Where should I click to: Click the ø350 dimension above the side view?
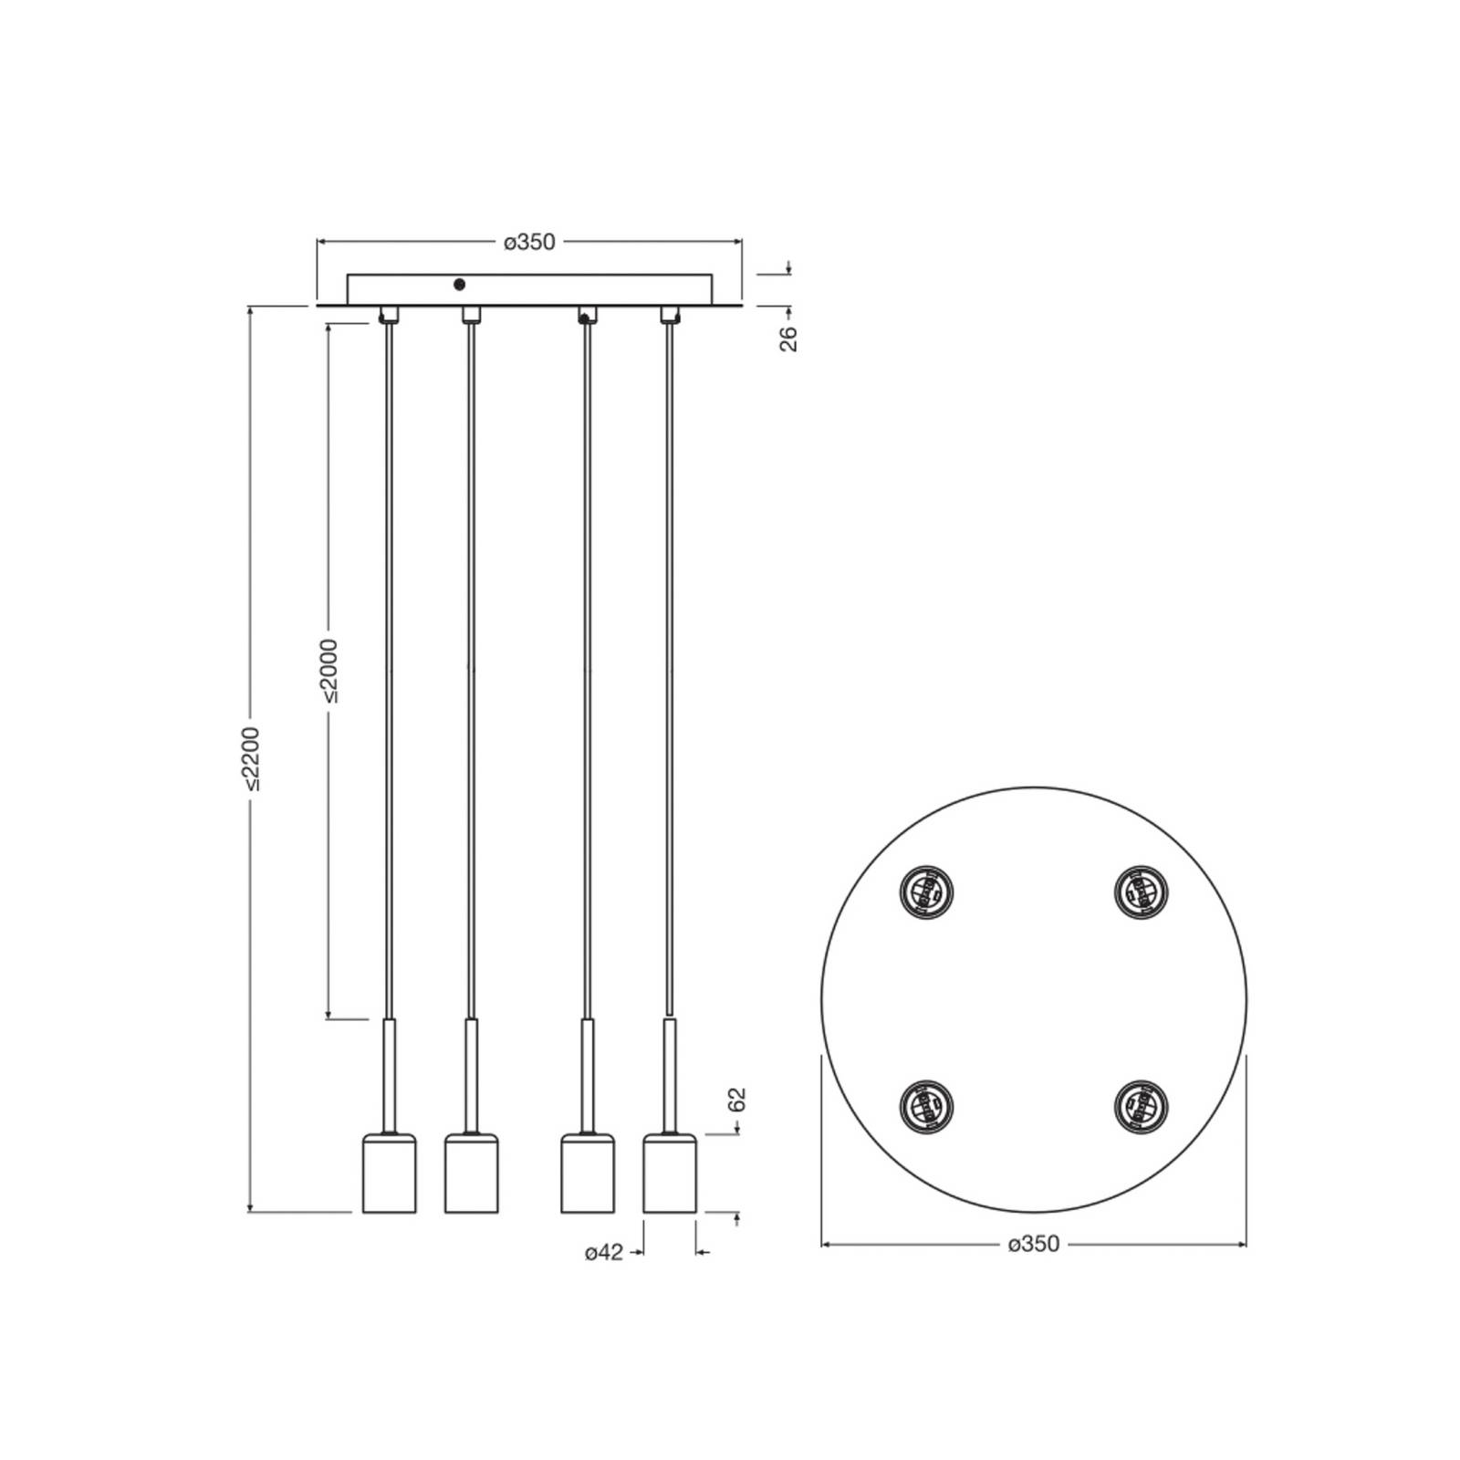tap(529, 242)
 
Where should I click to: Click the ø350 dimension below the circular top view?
tap(1034, 1244)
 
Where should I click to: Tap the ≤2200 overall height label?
tap(252, 758)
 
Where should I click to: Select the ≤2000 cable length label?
tap(329, 670)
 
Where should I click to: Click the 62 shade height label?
tap(738, 1100)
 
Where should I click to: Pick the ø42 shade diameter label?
tap(604, 1253)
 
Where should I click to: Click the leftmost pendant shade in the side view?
tap(390, 1173)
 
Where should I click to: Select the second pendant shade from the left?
tap(472, 1173)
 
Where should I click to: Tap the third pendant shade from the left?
tap(588, 1173)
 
